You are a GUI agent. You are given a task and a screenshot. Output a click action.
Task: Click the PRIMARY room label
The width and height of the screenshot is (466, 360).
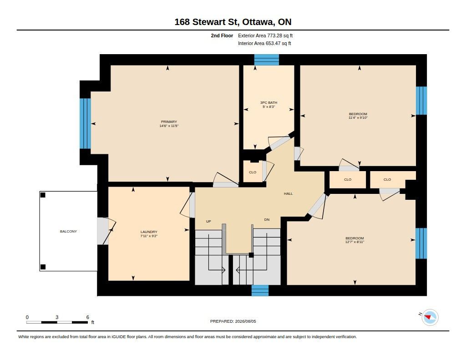click(x=169, y=122)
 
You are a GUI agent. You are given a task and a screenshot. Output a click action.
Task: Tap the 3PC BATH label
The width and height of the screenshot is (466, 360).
click(x=268, y=102)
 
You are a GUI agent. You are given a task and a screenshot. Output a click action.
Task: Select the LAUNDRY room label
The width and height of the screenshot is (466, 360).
click(x=149, y=232)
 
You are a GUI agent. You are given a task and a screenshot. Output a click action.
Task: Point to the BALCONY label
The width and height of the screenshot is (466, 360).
click(x=68, y=231)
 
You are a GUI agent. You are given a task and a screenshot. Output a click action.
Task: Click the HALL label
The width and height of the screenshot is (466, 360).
click(x=288, y=193)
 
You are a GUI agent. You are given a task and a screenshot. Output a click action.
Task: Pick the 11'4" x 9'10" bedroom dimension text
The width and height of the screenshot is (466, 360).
click(x=358, y=118)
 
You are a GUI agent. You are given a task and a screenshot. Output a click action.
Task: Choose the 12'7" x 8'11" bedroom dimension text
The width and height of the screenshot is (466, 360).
click(x=355, y=242)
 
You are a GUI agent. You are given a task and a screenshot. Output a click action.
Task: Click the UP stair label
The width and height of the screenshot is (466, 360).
click(x=208, y=222)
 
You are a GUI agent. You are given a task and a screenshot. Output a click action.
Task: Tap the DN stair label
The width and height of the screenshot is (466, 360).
click(x=267, y=220)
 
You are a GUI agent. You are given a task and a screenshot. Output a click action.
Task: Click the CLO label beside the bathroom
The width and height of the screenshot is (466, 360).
click(x=253, y=172)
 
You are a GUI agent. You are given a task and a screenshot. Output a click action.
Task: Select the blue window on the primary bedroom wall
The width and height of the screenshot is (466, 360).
click(x=85, y=123)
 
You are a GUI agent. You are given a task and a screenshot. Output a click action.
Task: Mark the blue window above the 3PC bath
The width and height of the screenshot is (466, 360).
click(x=267, y=60)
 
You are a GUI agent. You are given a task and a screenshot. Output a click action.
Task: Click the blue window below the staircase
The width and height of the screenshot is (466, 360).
click(x=260, y=290)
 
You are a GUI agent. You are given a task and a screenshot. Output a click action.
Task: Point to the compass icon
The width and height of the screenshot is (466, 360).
click(x=430, y=318)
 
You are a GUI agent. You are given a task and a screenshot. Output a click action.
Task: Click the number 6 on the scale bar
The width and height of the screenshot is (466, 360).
click(x=88, y=317)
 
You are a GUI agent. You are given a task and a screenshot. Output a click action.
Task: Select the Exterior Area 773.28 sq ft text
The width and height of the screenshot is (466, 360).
click(x=265, y=35)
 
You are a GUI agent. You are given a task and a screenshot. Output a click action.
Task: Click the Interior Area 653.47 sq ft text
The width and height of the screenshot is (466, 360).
click(x=264, y=43)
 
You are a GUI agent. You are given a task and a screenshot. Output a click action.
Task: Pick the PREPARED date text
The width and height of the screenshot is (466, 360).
click(x=233, y=321)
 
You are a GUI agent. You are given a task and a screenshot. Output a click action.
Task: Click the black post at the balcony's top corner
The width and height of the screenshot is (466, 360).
click(x=43, y=195)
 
